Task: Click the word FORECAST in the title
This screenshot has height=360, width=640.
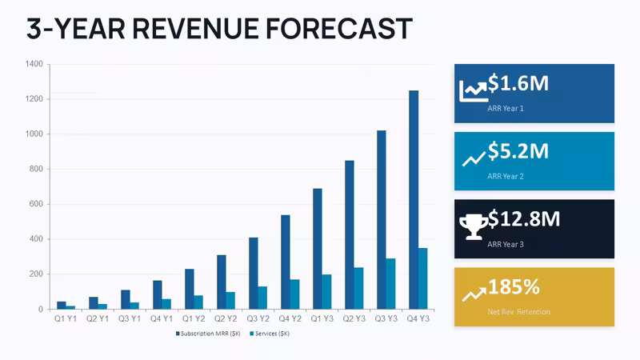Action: tap(338, 29)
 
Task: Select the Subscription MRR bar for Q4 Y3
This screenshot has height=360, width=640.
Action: tap(414, 199)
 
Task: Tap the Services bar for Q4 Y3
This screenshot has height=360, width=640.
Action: tap(423, 278)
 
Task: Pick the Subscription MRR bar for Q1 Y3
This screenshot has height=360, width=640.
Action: tap(317, 249)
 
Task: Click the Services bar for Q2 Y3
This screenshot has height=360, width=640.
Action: tap(358, 288)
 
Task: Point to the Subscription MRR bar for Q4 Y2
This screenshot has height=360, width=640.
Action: tap(286, 262)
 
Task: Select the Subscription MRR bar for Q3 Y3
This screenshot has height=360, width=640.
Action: tap(382, 219)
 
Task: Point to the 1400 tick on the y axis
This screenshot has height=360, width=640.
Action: tap(34, 64)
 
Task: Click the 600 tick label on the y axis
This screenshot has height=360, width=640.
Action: tap(36, 204)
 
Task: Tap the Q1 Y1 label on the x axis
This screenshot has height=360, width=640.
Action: tap(66, 318)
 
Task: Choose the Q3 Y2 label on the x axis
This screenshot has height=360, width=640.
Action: tap(258, 318)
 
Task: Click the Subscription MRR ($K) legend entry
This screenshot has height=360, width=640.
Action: tap(208, 334)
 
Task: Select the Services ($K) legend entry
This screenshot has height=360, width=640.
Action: tap(270, 334)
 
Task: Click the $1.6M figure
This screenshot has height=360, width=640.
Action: tap(518, 83)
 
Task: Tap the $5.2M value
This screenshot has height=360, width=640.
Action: tap(518, 150)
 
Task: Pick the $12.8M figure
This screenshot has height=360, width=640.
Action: tap(524, 218)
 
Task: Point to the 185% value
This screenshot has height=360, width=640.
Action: tap(514, 286)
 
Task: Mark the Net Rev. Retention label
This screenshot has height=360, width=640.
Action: tap(518, 312)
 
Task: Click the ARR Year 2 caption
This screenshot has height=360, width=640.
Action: tap(506, 176)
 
